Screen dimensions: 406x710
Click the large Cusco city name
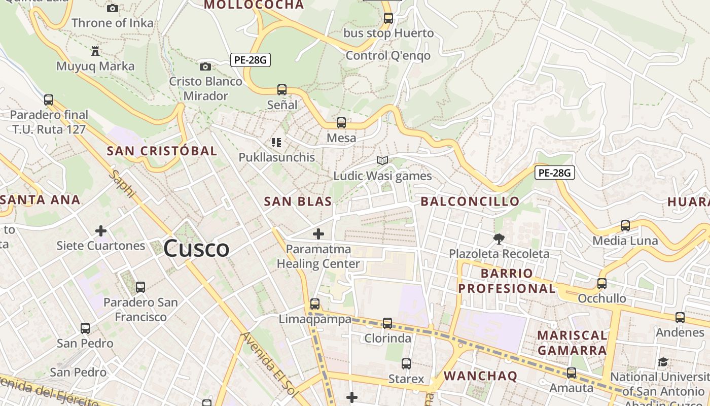196,249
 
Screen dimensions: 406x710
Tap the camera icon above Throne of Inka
113,8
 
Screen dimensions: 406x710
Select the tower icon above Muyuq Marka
95,51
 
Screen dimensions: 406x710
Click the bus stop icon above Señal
282,90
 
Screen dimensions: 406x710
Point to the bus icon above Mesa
341,122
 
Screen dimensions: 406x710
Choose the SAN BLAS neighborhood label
298,201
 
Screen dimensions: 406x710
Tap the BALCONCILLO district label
470,201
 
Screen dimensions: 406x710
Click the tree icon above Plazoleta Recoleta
499,239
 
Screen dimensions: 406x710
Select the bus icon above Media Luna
625,226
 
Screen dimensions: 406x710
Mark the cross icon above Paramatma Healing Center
318,234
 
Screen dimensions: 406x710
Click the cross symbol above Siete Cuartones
101,231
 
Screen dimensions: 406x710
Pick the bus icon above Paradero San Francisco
140,287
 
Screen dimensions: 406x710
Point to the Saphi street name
122,184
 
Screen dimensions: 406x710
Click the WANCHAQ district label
480,376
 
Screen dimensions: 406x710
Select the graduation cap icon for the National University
663,362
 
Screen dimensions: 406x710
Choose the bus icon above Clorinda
387,323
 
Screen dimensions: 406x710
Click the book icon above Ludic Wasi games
382,161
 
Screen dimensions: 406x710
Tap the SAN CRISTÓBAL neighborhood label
162,151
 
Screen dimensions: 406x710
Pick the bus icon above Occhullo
602,284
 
